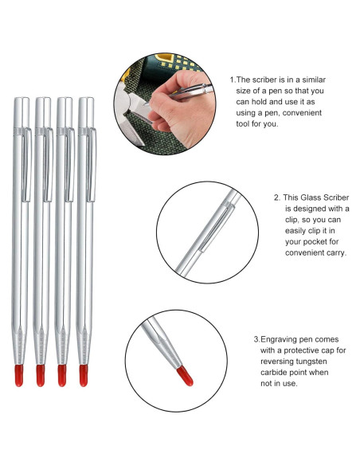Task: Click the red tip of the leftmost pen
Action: tap(19, 375)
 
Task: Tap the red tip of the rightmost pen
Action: tap(83, 375)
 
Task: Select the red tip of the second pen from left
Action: tap(41, 375)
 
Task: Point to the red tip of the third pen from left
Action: tap(61, 375)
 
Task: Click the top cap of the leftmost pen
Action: tap(22, 111)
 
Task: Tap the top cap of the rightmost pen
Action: tap(86, 111)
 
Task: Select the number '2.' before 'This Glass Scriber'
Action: tap(276, 197)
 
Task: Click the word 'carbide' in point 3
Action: tap(276, 372)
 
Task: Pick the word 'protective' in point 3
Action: tap(293, 350)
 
